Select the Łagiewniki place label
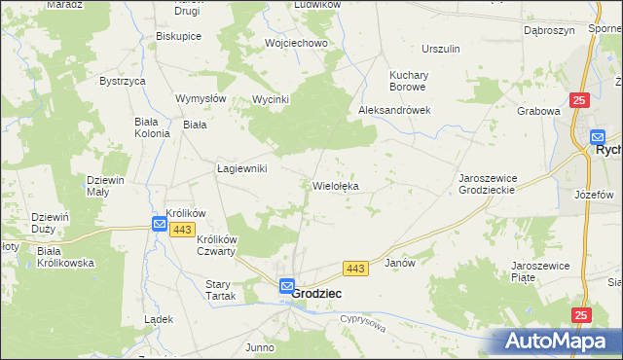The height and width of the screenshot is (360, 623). [241, 168]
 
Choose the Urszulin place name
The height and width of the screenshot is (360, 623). [440, 48]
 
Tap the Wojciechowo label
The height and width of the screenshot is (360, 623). [296, 44]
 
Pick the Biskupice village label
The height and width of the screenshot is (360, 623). [178, 36]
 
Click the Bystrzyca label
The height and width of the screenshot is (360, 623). [122, 81]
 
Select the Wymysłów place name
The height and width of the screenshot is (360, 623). [201, 98]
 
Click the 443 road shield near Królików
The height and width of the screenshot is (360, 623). [181, 229]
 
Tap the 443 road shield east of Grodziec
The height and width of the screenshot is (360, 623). [354, 268]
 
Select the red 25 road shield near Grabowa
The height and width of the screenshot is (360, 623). [579, 100]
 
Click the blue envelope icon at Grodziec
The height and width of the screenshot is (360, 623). [286, 286]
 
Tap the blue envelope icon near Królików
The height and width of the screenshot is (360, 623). [159, 224]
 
